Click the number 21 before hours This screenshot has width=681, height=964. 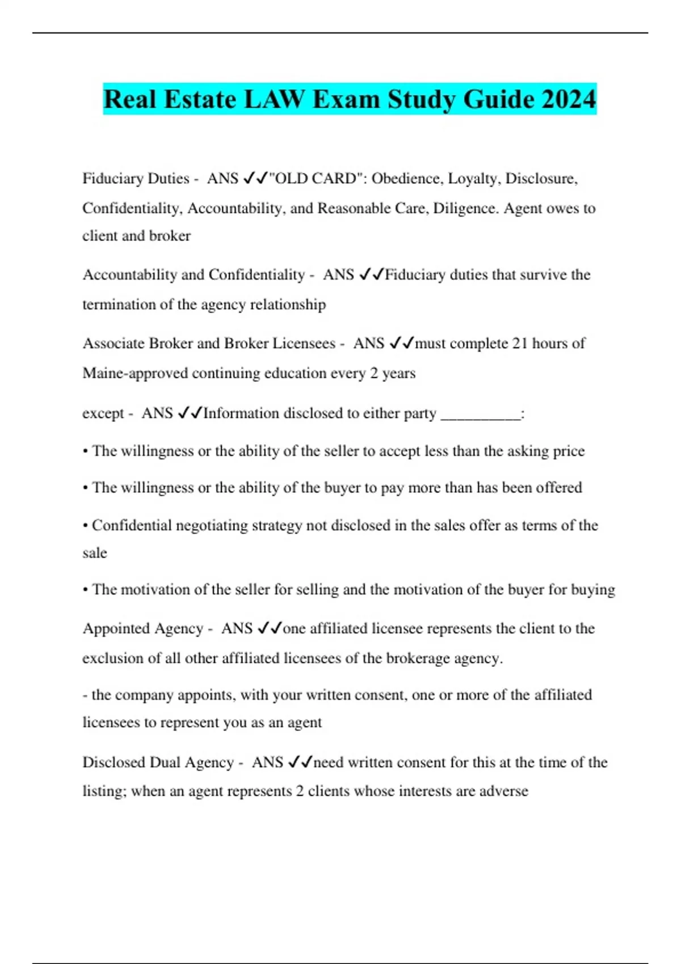click(520, 344)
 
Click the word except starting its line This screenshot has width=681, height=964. click(103, 413)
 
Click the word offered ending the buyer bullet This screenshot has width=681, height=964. click(558, 488)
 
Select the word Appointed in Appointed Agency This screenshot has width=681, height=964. click(115, 629)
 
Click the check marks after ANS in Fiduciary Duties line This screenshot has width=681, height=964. click(255, 179)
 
